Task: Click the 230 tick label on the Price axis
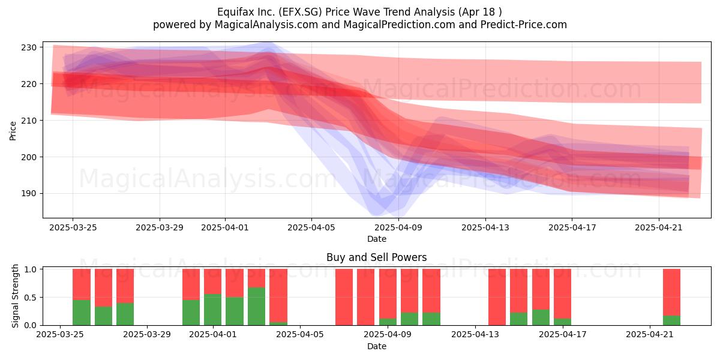(29, 47)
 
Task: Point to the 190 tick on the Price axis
(29, 193)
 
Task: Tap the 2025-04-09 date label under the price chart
(398, 227)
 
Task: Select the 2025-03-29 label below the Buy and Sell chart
(147, 335)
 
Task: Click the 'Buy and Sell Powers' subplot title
(377, 257)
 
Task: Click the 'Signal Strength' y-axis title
(15, 296)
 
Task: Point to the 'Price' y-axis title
(13, 131)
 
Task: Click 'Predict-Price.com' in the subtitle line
(524, 25)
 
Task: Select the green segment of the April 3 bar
(257, 306)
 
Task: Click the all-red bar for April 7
(344, 297)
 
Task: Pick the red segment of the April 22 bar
(672, 292)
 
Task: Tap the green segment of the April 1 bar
(213, 310)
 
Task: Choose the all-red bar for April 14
(497, 297)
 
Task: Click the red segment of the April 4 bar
(278, 296)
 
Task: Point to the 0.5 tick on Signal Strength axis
(31, 298)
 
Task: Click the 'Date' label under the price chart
(377, 239)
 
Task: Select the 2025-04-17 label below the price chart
(572, 227)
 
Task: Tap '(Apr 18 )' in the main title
(480, 12)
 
